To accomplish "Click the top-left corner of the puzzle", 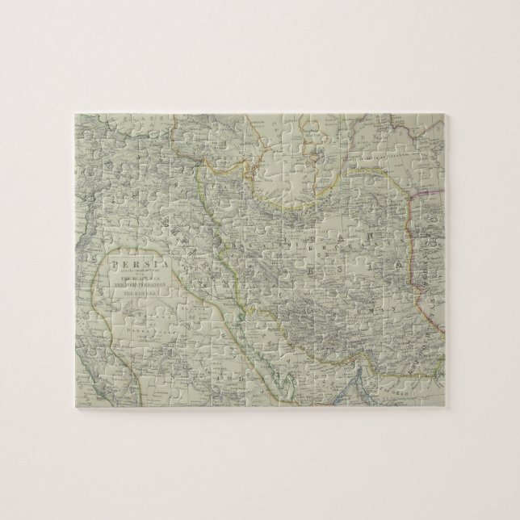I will tap(73, 111).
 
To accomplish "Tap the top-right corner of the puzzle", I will tap(447, 111).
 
